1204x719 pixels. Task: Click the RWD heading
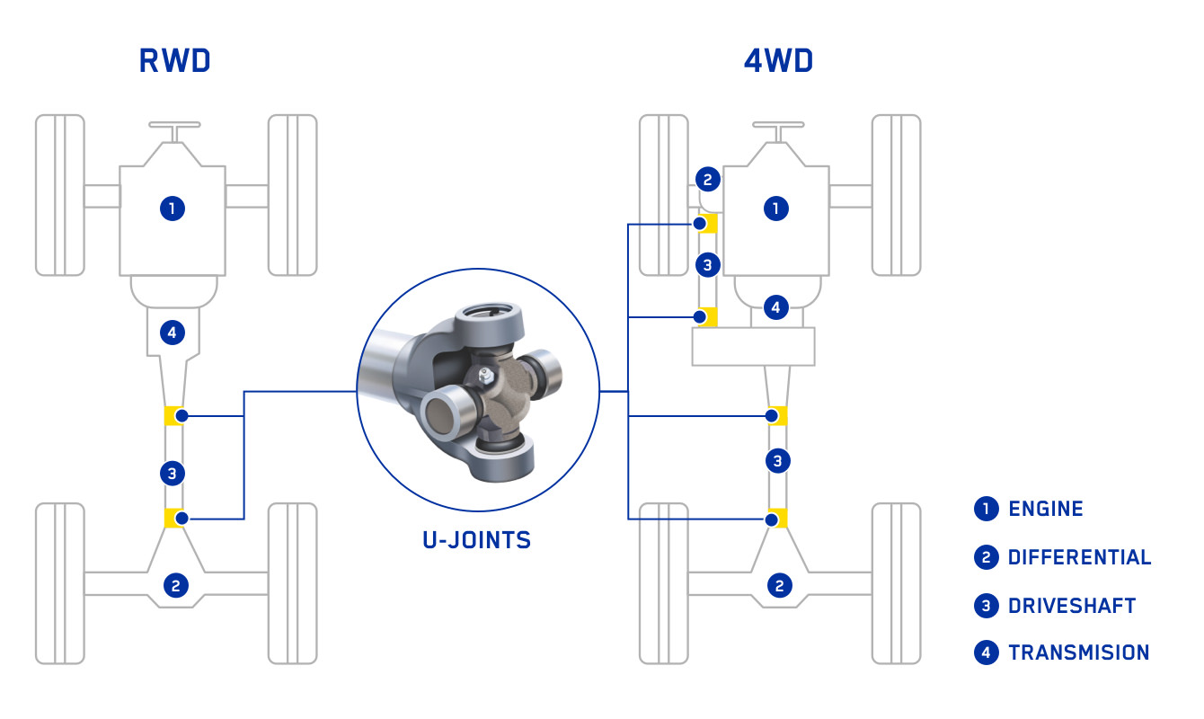click(174, 60)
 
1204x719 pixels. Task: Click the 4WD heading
click(778, 60)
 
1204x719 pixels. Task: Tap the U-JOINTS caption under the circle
click(476, 540)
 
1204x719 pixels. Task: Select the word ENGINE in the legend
click(1045, 509)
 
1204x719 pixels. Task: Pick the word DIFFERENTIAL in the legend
click(1079, 557)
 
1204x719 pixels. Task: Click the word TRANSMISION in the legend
click(1078, 652)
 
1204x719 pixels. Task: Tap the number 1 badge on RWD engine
click(173, 209)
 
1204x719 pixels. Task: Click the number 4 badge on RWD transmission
click(173, 333)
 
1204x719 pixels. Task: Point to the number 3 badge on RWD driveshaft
click(173, 472)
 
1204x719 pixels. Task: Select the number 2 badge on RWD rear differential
click(175, 586)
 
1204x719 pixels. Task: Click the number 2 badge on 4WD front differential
click(707, 180)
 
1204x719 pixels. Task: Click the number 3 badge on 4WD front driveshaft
click(707, 265)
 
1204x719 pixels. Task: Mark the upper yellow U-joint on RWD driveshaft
click(174, 416)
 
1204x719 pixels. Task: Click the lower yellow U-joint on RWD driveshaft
click(174, 518)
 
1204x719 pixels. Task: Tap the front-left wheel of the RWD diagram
click(60, 194)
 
